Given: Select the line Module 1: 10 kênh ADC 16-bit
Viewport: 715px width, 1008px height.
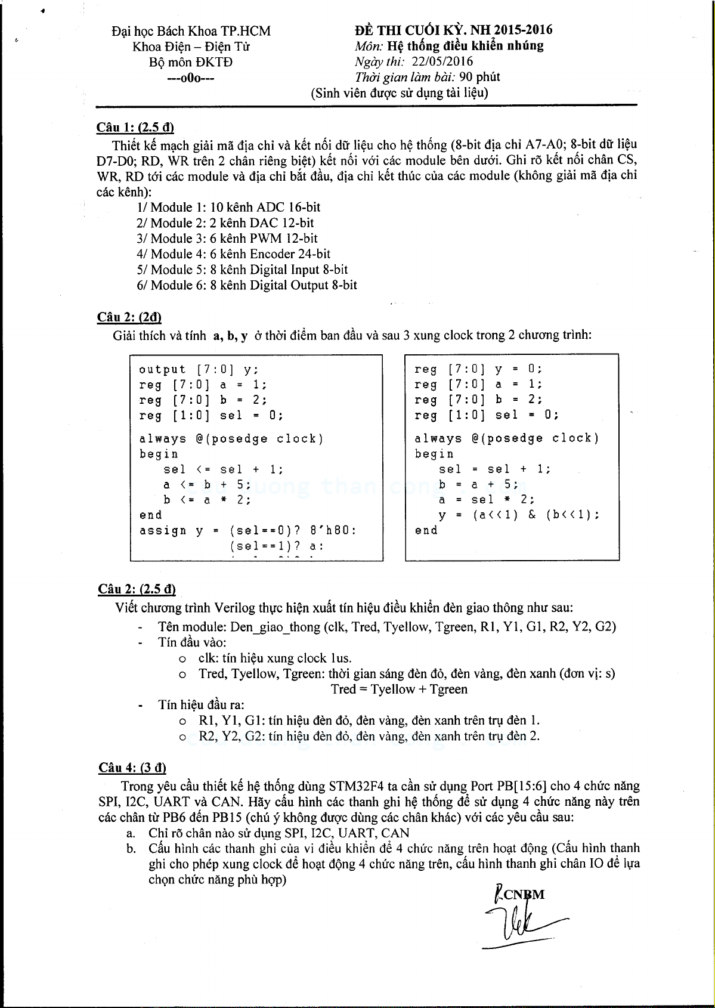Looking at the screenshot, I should click(x=228, y=208).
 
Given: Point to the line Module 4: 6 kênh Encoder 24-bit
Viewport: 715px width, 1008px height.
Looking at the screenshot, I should click(x=233, y=254).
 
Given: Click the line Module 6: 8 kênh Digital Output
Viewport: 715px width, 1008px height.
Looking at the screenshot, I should click(x=247, y=285).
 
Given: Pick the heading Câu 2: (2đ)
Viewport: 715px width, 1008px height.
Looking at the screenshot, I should click(x=129, y=317).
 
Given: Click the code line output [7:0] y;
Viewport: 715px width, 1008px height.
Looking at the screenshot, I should click(x=199, y=370).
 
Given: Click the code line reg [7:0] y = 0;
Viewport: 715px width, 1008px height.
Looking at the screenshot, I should click(x=478, y=369).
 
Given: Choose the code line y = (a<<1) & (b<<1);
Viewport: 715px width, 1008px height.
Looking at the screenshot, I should click(x=519, y=515).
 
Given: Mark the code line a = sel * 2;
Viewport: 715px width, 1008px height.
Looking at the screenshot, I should click(x=487, y=500).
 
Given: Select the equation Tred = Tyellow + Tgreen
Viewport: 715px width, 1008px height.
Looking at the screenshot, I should click(x=399, y=689).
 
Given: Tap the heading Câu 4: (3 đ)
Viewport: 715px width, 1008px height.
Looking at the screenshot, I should click(x=132, y=768).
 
